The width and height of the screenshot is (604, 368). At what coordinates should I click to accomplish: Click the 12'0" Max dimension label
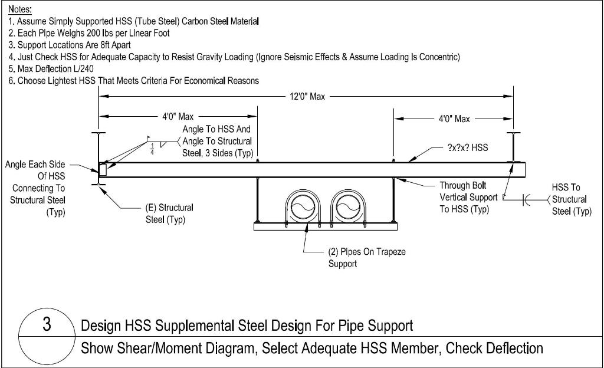click(x=307, y=97)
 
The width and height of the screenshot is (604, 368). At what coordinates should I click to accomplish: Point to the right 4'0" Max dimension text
click(x=454, y=119)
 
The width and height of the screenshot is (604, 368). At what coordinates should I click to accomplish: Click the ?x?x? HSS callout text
click(x=468, y=147)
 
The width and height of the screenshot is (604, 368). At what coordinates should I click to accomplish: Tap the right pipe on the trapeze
click(x=347, y=208)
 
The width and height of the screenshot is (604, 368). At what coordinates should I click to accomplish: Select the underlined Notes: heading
click(x=20, y=9)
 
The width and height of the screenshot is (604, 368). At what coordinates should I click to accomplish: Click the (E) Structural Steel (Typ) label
click(x=169, y=213)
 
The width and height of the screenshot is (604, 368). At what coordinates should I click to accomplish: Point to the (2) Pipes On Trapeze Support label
click(x=366, y=258)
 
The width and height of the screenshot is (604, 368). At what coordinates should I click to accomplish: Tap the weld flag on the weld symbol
click(x=149, y=138)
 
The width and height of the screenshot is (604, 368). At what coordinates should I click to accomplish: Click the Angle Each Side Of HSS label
click(x=37, y=188)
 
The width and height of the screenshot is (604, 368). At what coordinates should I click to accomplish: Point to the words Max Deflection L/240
click(x=59, y=68)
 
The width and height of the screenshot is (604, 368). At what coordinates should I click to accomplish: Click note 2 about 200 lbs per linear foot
click(x=89, y=33)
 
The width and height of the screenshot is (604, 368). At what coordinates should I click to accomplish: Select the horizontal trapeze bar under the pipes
click(x=324, y=226)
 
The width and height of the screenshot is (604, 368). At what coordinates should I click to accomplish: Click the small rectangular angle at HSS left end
click(x=103, y=170)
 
